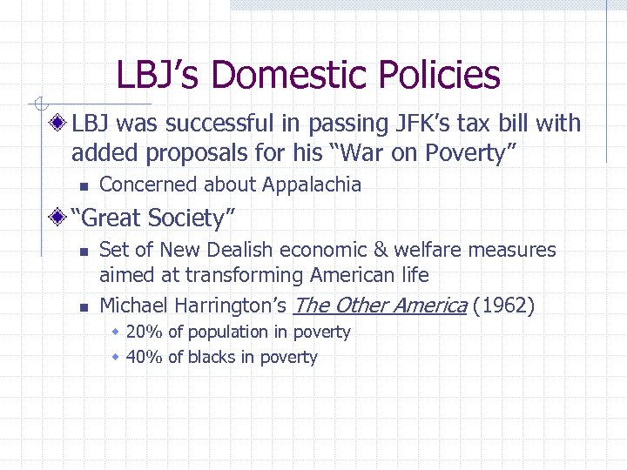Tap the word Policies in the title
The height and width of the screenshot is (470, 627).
(x=443, y=75)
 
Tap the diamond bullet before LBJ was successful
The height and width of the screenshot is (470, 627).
(x=59, y=124)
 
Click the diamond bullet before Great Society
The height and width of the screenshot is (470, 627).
(x=59, y=217)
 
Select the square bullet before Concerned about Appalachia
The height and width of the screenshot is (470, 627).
(x=81, y=185)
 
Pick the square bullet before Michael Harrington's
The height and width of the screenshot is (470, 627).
(x=81, y=306)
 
